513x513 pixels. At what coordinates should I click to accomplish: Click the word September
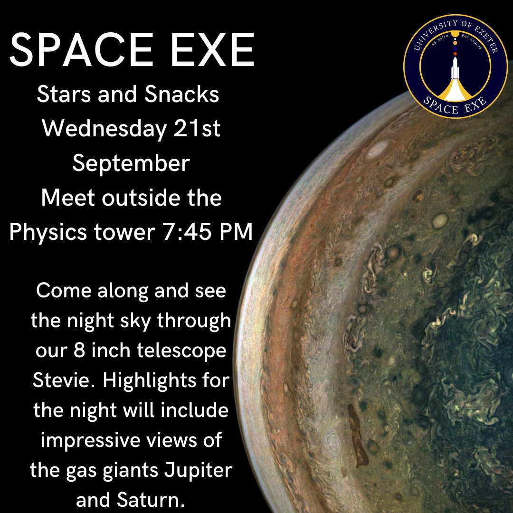131,163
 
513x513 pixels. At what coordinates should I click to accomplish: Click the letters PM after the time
236,233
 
